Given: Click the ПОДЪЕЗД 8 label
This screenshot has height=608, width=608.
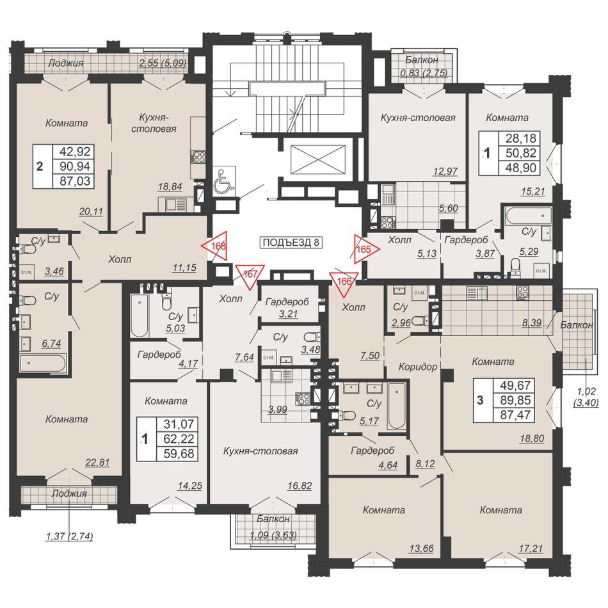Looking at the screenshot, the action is (291, 243).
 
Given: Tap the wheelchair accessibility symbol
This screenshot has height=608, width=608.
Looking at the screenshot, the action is (225, 180).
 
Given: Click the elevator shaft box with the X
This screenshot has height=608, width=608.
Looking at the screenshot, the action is (317, 161).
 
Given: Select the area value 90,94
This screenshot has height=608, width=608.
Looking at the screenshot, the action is (76, 166).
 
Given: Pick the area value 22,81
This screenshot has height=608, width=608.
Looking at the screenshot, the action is (98, 462).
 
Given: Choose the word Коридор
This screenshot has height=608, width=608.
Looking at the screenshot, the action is (418, 367).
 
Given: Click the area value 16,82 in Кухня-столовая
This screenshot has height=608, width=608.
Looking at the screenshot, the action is (300, 486).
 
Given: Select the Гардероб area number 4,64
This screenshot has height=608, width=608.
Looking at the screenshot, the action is (388, 465).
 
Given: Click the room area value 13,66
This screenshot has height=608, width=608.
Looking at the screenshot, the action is (421, 548).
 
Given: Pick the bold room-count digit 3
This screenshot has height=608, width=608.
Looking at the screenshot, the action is (481, 400).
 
